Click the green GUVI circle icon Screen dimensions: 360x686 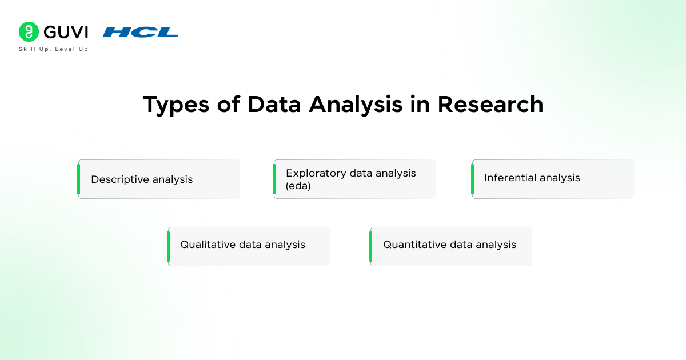pos(28,32)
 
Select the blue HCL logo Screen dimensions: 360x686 pos(140,32)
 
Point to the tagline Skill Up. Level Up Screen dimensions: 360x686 pos(54,49)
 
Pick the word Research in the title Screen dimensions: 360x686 pos(490,105)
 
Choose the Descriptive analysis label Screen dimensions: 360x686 pos(142,179)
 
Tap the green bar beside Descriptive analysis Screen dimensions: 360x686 pos(79,179)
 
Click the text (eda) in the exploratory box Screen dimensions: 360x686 pos(298,186)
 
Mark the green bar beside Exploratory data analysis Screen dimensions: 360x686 pos(274,179)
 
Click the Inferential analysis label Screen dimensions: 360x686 pos(532,178)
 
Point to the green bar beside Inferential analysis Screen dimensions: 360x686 pos(473,179)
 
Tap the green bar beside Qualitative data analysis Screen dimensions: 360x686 pos(169,246)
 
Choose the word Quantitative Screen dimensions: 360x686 pos(414,245)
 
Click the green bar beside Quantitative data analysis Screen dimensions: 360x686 pos(371,246)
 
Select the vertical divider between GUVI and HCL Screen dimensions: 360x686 pos(95,32)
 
